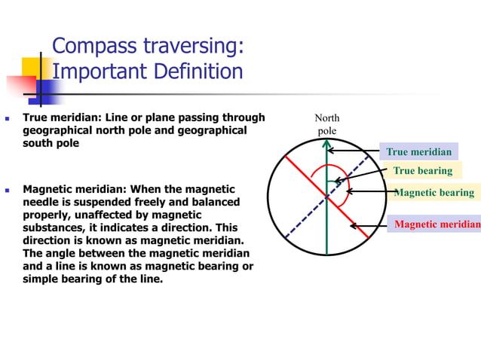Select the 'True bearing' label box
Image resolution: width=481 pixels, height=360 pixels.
click(422, 170)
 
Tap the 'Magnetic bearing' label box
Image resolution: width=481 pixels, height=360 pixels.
click(434, 192)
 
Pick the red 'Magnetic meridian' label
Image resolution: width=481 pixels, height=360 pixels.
click(436, 224)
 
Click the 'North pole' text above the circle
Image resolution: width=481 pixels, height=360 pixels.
click(326, 124)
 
